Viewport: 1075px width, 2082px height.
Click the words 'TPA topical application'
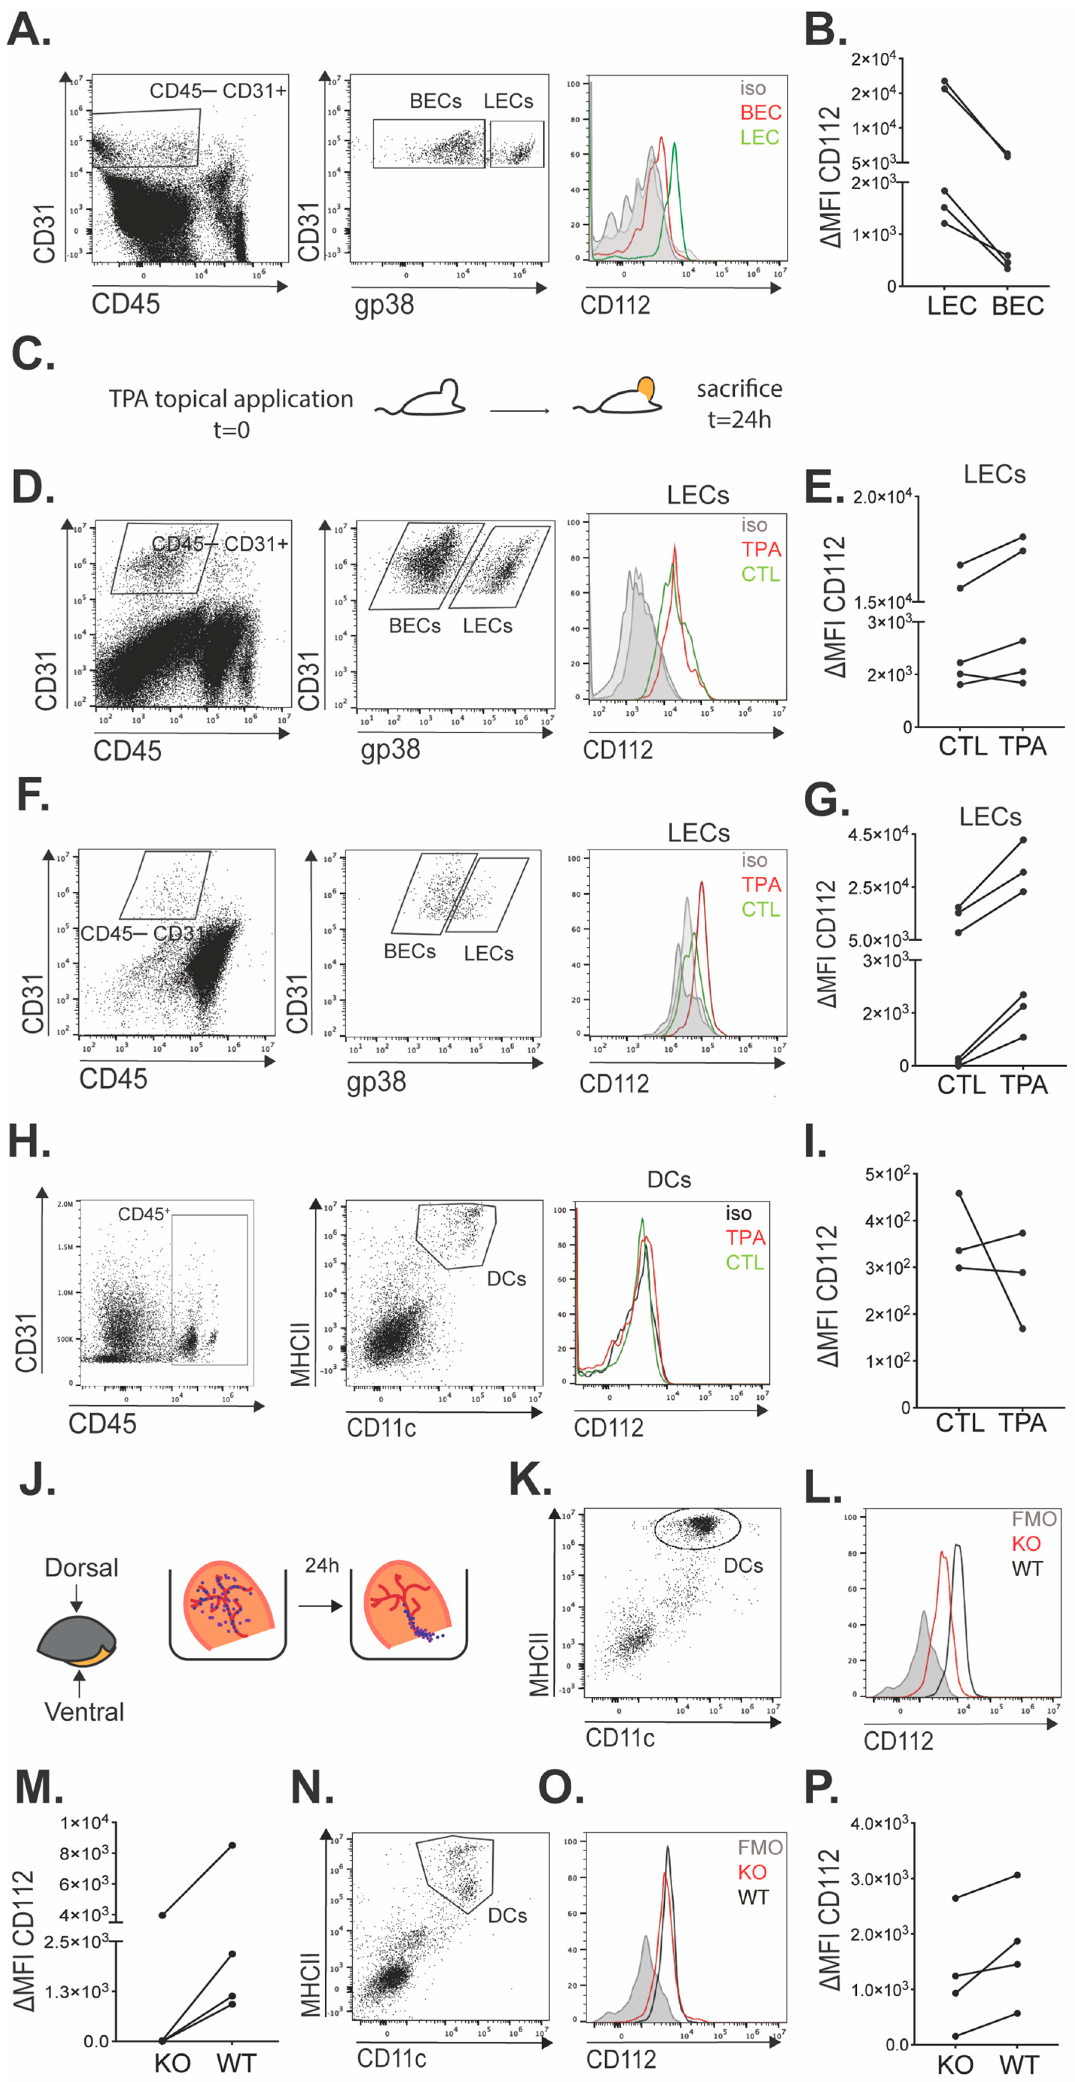[231, 399]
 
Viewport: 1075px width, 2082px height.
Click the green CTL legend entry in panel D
[761, 575]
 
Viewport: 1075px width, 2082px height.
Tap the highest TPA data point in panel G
[1023, 841]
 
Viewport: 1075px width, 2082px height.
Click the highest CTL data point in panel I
[959, 1193]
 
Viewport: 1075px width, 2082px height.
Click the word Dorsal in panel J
[82, 1568]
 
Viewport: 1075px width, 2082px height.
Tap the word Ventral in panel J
[84, 1712]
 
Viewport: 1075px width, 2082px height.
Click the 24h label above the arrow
[322, 1566]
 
